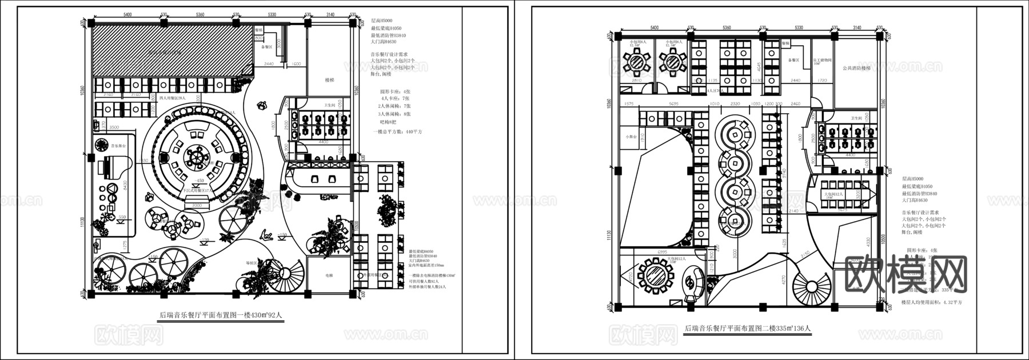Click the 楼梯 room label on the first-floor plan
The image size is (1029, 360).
pos(329,81)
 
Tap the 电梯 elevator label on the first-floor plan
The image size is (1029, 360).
pos(329,275)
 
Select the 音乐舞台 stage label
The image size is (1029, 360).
pos(118,146)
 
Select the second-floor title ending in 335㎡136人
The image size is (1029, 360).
pos(747,329)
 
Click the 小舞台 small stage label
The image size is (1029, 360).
pos(631,137)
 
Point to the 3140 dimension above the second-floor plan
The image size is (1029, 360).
pos(856,27)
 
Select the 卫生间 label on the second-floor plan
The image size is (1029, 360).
pos(855,118)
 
